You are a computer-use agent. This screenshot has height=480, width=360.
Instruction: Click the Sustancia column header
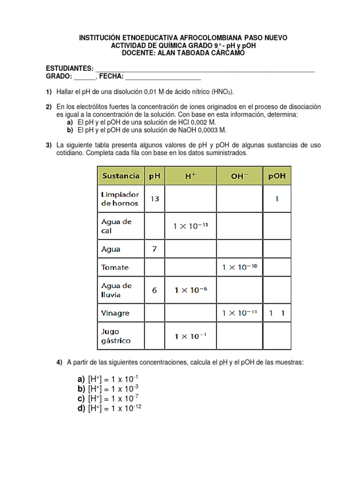121,176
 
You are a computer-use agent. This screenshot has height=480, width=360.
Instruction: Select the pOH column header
277,176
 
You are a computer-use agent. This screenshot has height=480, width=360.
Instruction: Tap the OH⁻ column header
240,176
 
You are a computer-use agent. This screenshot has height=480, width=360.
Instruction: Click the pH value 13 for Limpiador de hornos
154,198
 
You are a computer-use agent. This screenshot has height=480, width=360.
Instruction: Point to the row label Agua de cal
116,226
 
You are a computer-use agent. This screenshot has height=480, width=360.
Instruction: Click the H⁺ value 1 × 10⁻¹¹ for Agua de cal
190,226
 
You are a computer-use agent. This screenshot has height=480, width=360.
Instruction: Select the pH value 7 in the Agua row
154,249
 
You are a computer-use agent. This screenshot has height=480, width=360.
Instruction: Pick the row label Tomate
115,267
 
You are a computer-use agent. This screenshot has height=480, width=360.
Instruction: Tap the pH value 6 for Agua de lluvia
154,290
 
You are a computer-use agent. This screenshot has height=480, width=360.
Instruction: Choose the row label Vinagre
115,313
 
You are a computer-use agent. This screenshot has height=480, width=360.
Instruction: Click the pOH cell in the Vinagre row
277,313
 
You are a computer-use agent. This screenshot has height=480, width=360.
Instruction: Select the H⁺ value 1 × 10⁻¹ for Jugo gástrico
190,336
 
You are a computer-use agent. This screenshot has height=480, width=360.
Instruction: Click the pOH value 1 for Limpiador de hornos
277,198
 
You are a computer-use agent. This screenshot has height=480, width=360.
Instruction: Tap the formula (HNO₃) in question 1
223,91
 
